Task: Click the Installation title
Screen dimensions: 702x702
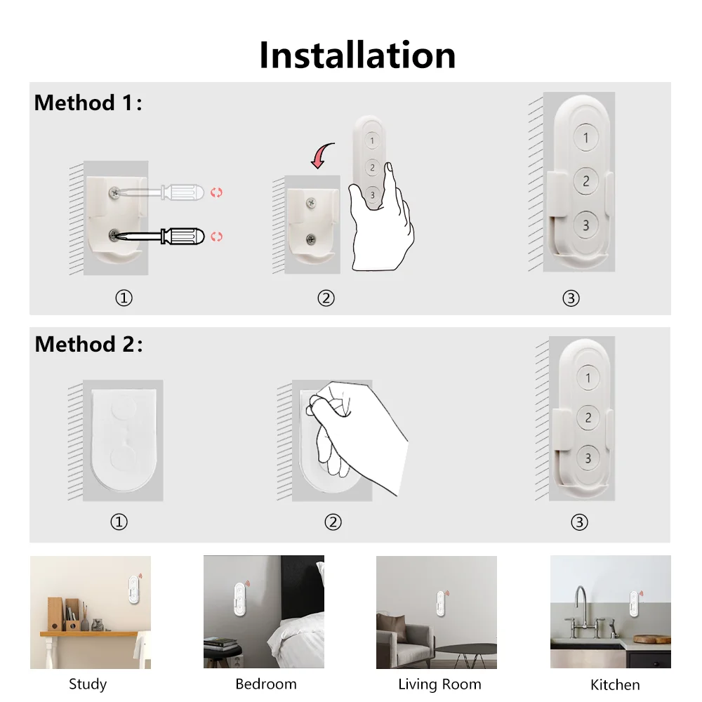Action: point(357,55)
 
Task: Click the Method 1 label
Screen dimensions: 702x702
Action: point(88,103)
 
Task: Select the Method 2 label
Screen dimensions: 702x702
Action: point(88,344)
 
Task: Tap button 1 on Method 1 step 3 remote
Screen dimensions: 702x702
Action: point(585,138)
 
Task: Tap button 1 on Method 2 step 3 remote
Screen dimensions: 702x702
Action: point(588,378)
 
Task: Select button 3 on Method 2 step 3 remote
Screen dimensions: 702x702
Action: point(588,458)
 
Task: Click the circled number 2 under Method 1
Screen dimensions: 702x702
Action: point(326,298)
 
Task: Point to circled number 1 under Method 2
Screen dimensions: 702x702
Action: point(119,522)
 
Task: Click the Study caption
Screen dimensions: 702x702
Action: point(88,684)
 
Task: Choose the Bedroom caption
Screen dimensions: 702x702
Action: point(265,684)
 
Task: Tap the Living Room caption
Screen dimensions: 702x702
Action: point(439,684)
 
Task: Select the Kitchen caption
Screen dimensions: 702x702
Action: point(615,684)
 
